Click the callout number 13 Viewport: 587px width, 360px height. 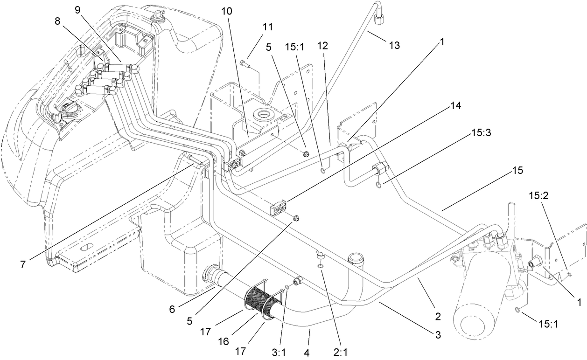click(394, 45)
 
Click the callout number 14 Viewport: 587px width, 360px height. click(456, 106)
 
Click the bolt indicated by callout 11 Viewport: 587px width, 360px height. click(244, 62)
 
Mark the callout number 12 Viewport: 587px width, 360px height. click(322, 46)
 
